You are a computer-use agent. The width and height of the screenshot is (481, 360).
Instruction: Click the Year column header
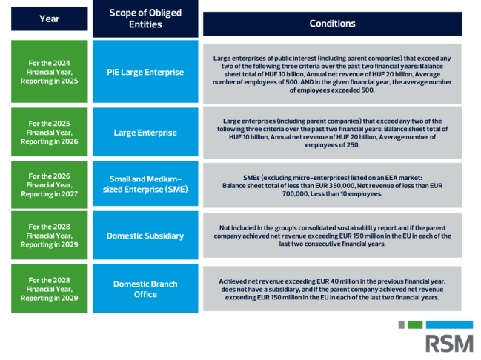click(x=50, y=19)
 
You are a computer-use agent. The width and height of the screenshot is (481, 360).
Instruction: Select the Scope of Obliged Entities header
click(x=145, y=19)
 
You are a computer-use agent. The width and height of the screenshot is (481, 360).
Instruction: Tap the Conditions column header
click(x=332, y=24)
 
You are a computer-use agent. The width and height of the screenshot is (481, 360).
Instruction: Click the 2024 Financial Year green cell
click(x=50, y=72)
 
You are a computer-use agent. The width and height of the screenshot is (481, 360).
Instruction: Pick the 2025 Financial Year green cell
click(x=50, y=132)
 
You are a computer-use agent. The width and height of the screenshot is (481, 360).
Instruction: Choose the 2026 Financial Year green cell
click(x=50, y=185)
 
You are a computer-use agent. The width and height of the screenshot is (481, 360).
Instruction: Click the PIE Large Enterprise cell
click(x=145, y=72)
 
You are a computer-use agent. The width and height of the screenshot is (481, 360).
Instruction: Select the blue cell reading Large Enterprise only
click(x=145, y=132)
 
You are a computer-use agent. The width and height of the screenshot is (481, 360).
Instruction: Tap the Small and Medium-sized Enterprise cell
click(x=145, y=184)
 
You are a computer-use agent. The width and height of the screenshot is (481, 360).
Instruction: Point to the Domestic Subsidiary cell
click(x=145, y=236)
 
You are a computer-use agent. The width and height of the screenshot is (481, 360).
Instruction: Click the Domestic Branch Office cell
click(x=145, y=289)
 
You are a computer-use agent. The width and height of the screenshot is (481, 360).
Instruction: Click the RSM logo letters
click(x=449, y=344)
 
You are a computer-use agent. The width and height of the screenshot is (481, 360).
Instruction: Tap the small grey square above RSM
click(x=401, y=324)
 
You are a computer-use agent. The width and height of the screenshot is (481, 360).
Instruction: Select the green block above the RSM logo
click(x=415, y=324)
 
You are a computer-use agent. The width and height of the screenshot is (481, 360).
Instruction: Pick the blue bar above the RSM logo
click(x=449, y=324)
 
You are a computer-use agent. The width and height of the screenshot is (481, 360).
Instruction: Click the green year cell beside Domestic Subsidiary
click(x=50, y=236)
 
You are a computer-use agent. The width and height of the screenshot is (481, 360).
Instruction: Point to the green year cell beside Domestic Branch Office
click(x=50, y=289)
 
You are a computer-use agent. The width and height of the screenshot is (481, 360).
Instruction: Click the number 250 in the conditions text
click(x=353, y=145)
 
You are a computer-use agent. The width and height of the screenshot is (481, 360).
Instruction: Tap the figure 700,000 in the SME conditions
click(x=295, y=194)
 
